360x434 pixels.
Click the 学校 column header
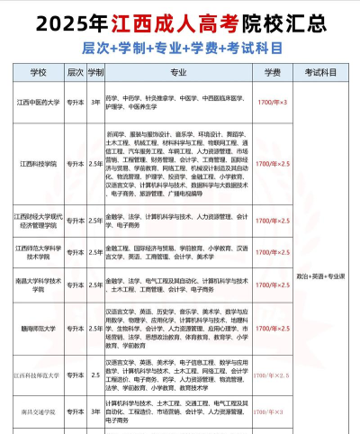(38, 69)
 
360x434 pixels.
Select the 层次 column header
(75, 69)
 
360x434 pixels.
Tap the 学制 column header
(96, 69)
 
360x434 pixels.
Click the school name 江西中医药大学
(38, 103)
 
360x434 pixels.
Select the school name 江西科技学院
(38, 164)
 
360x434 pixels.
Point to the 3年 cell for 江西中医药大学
(96, 103)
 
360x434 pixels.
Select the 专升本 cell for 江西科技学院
(75, 164)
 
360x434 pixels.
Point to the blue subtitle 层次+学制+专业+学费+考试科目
(180, 43)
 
